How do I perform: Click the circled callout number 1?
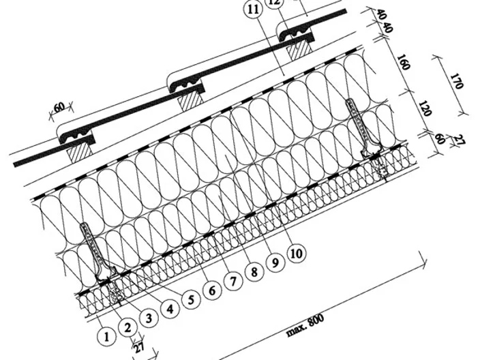106,337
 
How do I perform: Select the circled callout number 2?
127,328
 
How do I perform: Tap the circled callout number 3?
149,318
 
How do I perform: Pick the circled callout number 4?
170,309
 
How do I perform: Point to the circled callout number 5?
192,299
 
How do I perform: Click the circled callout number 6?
212,290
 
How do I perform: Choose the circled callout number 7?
233,281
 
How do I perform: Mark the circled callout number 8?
254,271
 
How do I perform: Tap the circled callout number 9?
275,262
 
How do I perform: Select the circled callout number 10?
297,253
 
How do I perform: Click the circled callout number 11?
254,10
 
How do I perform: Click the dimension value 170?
456,81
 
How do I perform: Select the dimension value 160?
403,62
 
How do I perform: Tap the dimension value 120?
424,108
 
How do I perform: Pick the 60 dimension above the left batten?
59,107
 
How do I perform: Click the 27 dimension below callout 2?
138,348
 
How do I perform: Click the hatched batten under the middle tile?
191,100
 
